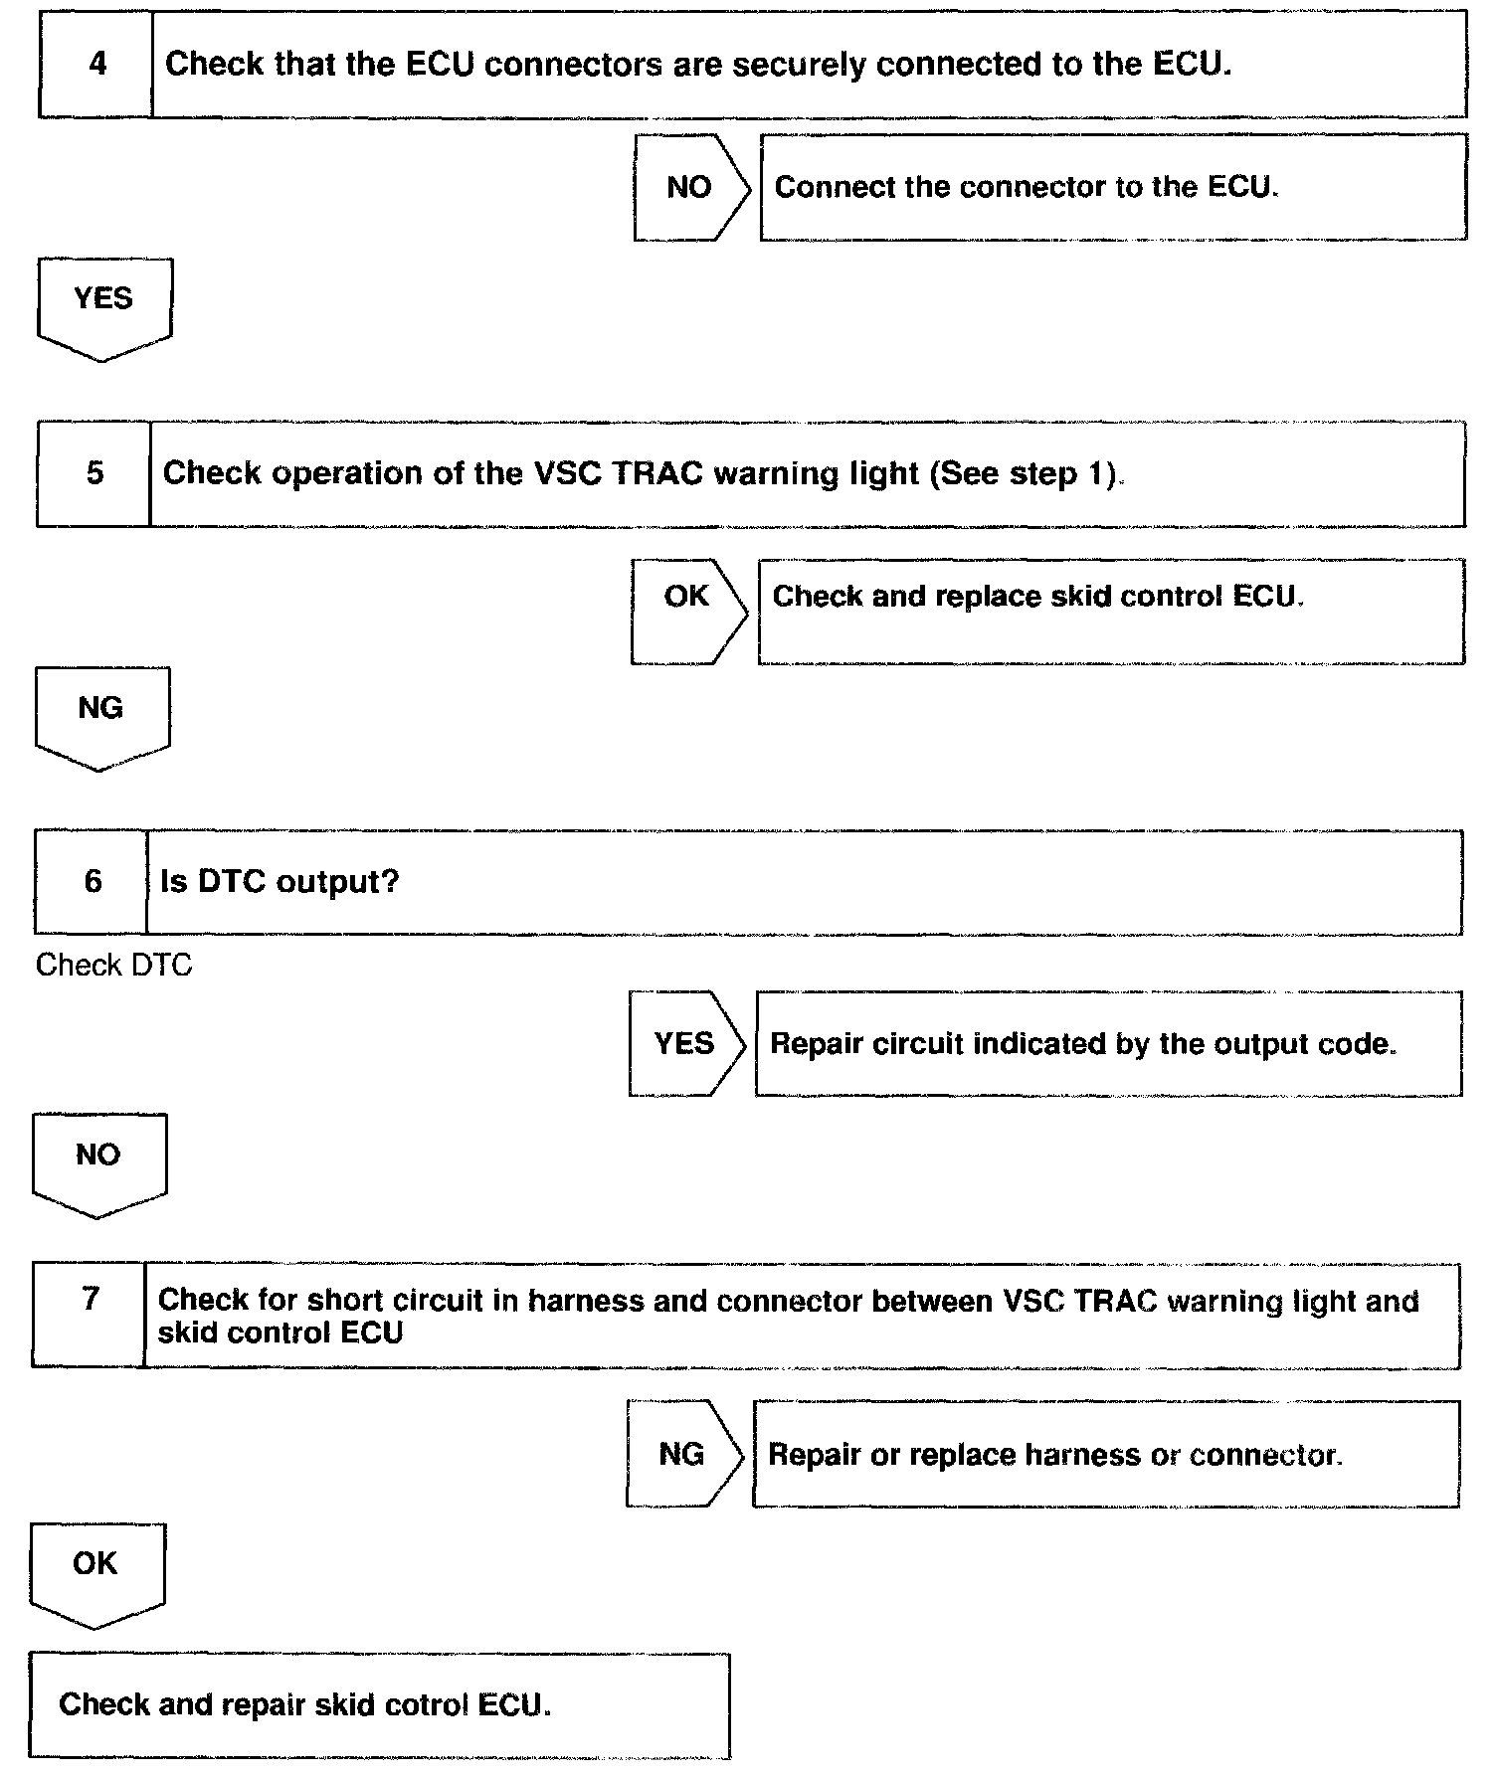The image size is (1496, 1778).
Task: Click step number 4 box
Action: (x=96, y=65)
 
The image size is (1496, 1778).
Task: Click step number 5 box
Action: (x=94, y=473)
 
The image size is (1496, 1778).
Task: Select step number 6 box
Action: (x=93, y=882)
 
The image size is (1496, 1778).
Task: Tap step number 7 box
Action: (x=91, y=1315)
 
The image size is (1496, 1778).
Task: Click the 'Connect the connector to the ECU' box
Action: (x=1112, y=188)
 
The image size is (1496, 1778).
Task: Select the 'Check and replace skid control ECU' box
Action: (x=1110, y=610)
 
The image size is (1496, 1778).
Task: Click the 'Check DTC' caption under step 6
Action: (x=113, y=965)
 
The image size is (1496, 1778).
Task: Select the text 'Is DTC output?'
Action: (x=280, y=882)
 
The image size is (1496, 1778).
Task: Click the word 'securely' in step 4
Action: (x=801, y=65)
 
